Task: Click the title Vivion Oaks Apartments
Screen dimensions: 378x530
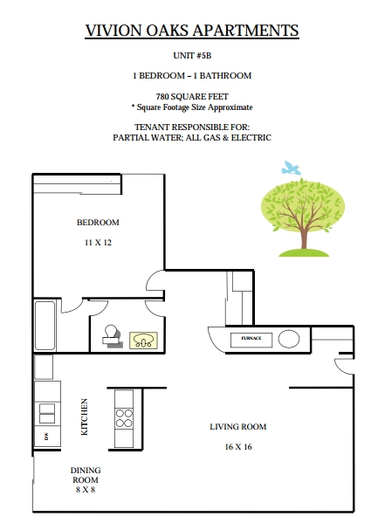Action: click(x=192, y=31)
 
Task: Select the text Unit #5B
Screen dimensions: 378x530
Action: click(x=192, y=56)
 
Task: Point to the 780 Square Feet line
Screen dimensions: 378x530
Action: click(x=192, y=97)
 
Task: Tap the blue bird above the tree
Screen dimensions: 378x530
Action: click(x=291, y=169)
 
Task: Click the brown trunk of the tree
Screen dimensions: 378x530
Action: click(x=304, y=237)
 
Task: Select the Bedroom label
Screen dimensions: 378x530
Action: click(x=98, y=223)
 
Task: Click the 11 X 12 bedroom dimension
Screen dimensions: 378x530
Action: click(x=98, y=243)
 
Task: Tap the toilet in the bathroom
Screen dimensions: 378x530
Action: click(x=112, y=335)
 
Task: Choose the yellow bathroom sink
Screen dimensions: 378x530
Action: click(x=143, y=341)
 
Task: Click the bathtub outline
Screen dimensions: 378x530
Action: click(x=45, y=326)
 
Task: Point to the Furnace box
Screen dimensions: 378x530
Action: click(x=251, y=340)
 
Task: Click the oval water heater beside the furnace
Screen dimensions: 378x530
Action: click(x=289, y=339)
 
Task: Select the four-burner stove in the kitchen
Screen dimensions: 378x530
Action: click(x=124, y=418)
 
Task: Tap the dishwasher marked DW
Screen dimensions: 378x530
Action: click(x=47, y=437)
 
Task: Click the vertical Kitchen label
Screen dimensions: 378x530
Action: click(x=85, y=416)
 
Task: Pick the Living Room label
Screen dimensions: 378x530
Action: click(x=238, y=427)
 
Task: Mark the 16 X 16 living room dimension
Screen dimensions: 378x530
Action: click(x=238, y=447)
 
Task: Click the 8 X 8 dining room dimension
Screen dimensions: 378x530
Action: click(x=86, y=490)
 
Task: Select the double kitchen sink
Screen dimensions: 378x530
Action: click(x=47, y=414)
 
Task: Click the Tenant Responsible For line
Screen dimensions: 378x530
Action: click(x=192, y=127)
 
